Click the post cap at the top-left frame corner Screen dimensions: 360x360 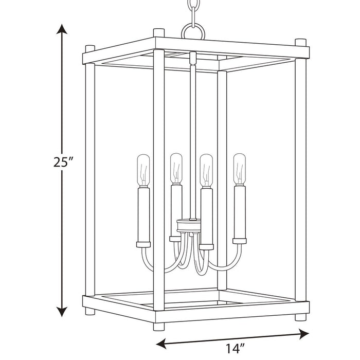90,48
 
